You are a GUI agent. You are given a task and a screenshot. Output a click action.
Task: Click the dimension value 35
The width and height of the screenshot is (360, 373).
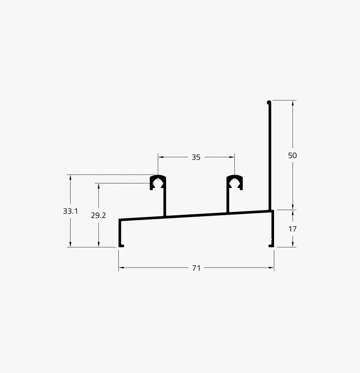[x=196, y=157]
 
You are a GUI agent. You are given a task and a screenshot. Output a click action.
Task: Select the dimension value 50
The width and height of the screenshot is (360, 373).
[x=292, y=156]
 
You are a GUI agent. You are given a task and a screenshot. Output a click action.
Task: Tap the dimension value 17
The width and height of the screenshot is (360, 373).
[x=292, y=229]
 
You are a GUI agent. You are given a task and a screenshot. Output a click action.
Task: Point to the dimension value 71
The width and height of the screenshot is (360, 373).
[x=196, y=268]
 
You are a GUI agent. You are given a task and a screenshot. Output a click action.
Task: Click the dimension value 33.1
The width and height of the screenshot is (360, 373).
[x=70, y=211]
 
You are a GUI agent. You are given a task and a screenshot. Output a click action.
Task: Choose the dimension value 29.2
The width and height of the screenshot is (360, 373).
[x=98, y=215]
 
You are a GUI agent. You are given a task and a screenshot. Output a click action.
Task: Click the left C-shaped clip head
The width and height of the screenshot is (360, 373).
[x=158, y=182]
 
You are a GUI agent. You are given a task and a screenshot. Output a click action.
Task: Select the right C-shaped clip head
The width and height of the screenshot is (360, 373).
[x=234, y=182]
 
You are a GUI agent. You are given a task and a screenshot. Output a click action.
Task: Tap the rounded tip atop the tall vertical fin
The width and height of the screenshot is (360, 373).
[x=269, y=103]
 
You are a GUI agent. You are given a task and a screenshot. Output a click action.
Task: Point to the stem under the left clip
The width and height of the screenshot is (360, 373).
[x=165, y=204]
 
